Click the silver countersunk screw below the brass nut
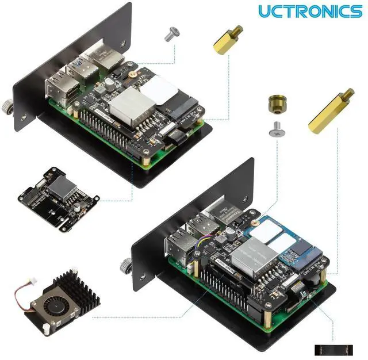pyautogui.click(x=277, y=132)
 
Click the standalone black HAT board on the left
pyautogui.click(x=58, y=189)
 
